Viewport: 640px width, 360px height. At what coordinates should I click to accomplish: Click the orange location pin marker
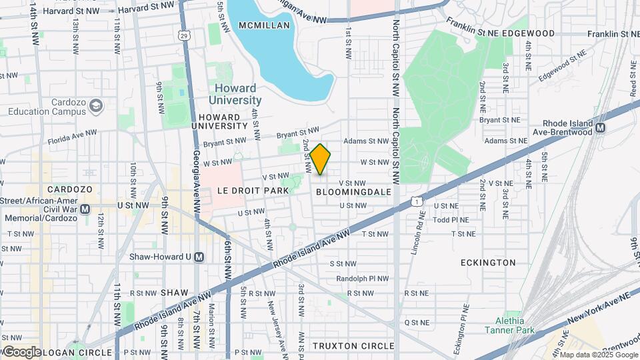pyautogui.click(x=321, y=159)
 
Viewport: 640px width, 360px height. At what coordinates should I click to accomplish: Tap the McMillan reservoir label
pyautogui.click(x=265, y=25)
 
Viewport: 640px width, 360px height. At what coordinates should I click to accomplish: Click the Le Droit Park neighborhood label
pyautogui.click(x=253, y=191)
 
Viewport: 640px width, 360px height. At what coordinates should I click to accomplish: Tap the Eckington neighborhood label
pyautogui.click(x=488, y=263)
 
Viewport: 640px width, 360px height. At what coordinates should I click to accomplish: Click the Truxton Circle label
pyautogui.click(x=353, y=346)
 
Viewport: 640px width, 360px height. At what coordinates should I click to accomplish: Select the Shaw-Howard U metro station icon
pyautogui.click(x=199, y=257)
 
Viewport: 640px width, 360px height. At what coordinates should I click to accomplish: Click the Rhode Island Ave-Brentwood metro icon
pyautogui.click(x=600, y=128)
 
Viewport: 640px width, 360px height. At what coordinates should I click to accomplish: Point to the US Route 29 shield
pyautogui.click(x=184, y=34)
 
